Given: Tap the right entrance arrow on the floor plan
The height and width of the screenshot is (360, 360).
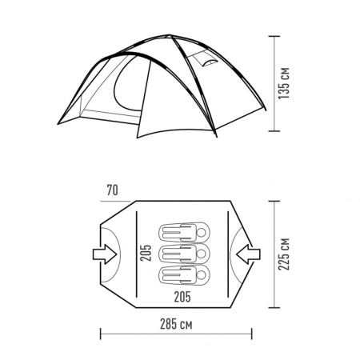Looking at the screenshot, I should [249, 254].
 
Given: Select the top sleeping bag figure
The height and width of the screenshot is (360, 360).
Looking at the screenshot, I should [184, 234].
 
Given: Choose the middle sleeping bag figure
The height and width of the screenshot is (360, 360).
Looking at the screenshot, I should [184, 254].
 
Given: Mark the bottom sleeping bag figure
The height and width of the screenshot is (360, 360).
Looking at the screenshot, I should [184, 275].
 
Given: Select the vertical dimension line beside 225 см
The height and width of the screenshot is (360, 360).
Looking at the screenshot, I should [275, 254].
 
